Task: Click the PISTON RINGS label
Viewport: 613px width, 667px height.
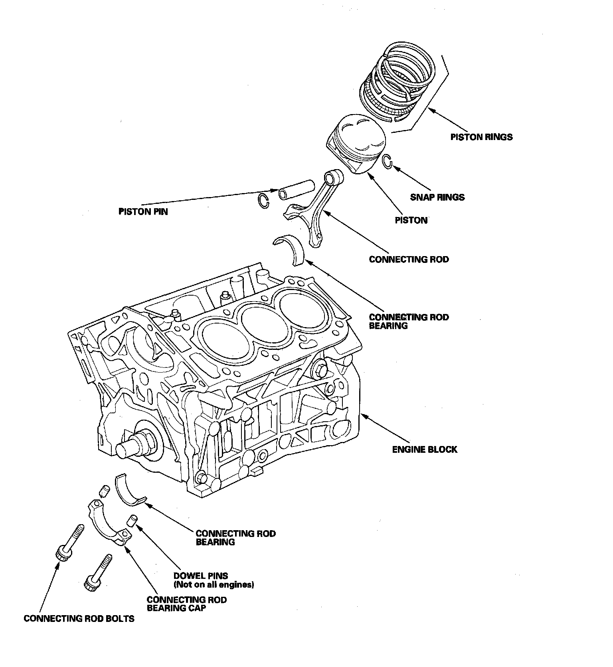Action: coord(481,137)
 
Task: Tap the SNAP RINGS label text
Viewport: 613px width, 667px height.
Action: coord(437,197)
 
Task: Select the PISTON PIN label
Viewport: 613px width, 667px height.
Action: coord(143,211)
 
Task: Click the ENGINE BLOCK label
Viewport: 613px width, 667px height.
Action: coord(425,450)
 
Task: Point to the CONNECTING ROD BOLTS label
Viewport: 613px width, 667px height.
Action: coord(79,619)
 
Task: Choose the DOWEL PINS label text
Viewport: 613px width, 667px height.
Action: coord(201,576)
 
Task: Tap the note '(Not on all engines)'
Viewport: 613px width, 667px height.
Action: coord(214,585)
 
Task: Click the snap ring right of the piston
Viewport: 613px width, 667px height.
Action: coord(387,161)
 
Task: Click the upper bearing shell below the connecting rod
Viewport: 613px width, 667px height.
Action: coord(291,248)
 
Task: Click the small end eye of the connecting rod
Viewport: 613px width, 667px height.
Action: coord(334,176)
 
